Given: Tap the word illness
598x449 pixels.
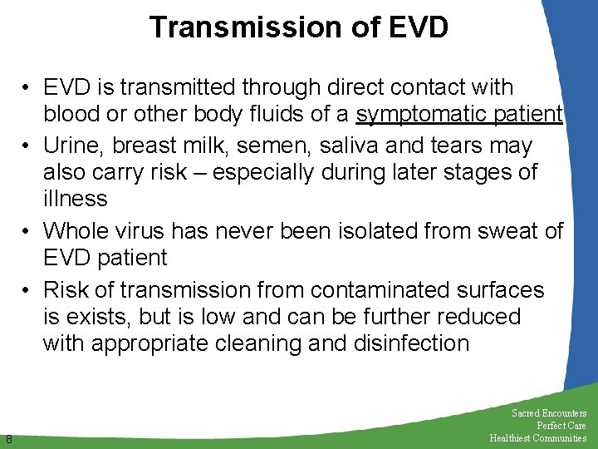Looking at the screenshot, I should tap(75, 200).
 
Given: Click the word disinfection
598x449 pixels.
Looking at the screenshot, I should tap(411, 343).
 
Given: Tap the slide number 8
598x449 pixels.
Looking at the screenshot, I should tap(8, 439).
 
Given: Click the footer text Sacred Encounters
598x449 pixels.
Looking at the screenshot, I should tap(549, 413).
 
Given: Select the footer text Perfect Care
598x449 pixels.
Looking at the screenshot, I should tap(561, 426).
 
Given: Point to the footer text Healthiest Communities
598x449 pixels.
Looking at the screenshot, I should tap(538, 438).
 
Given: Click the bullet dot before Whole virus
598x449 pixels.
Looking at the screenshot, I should tap(28, 231).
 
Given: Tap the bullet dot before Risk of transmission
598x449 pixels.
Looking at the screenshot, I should tap(28, 291).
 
